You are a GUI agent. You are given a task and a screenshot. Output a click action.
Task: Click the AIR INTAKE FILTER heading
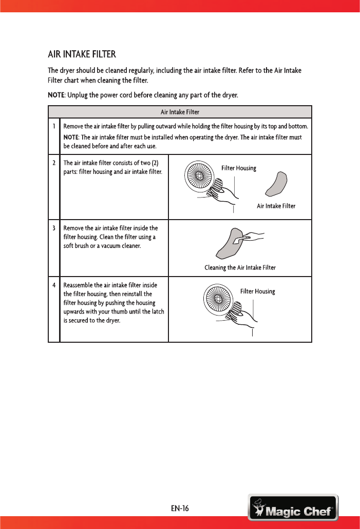pyautogui.click(x=82, y=54)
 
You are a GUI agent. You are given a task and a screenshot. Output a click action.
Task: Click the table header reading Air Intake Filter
pyautogui.click(x=180, y=112)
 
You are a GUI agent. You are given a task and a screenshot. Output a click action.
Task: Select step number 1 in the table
pyautogui.click(x=53, y=126)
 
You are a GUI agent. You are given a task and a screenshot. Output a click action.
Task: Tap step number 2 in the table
pyautogui.click(x=53, y=163)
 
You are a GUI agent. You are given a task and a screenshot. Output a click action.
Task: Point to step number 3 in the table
pyautogui.click(x=53, y=228)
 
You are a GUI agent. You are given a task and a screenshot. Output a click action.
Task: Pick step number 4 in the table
pyautogui.click(x=53, y=285)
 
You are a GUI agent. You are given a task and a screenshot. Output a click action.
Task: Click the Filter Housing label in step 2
pyautogui.click(x=238, y=168)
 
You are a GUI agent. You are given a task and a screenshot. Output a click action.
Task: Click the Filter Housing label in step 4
pyautogui.click(x=257, y=291)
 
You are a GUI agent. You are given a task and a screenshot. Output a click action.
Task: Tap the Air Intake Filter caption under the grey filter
pyautogui.click(x=276, y=206)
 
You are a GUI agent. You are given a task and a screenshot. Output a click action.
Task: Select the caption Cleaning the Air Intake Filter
pyautogui.click(x=240, y=268)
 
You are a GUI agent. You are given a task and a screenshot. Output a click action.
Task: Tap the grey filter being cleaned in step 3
pyautogui.click(x=229, y=244)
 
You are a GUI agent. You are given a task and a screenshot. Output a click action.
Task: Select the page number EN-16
pyautogui.click(x=180, y=509)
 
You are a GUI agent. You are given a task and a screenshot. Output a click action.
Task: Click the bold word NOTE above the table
pyautogui.click(x=56, y=95)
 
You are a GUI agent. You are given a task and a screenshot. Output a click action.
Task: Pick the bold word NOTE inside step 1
pyautogui.click(x=70, y=138)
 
